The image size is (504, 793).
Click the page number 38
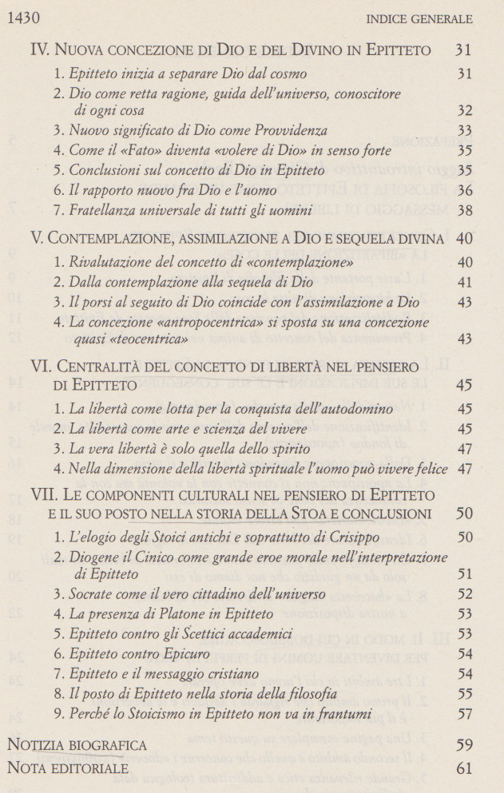[465, 211]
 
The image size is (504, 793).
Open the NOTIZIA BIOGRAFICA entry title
[77, 746]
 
